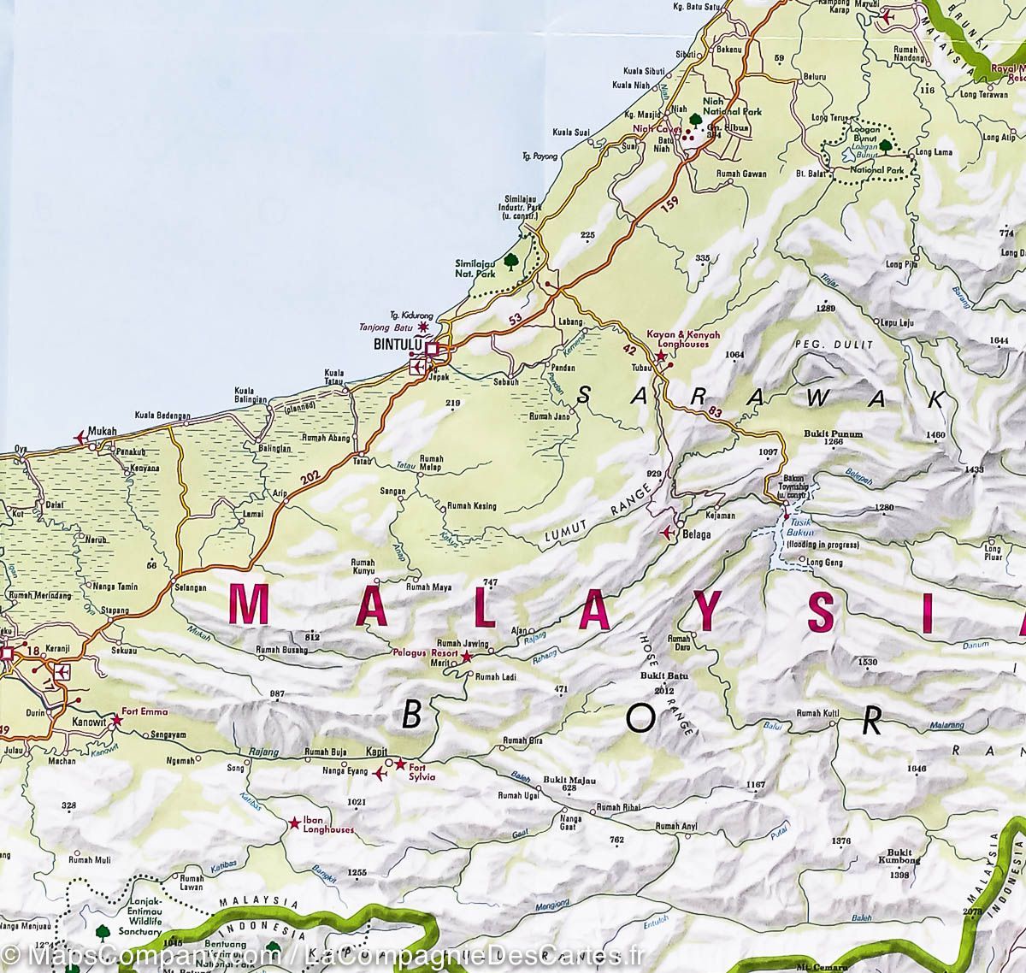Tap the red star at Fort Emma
118,722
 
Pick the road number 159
673,205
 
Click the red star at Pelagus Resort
467,658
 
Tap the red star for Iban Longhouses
294,823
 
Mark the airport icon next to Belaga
668,532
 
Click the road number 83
715,414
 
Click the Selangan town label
191,588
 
